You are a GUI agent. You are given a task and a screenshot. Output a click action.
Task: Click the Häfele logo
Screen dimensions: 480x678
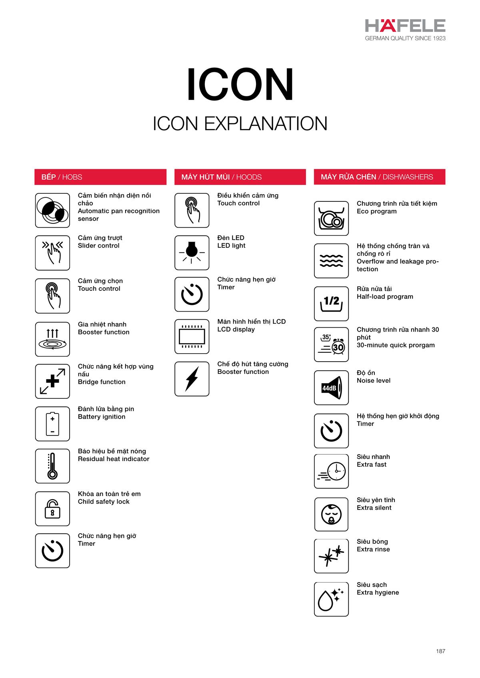(x=405, y=30)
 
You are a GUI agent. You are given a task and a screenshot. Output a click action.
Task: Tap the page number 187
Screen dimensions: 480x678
(x=441, y=651)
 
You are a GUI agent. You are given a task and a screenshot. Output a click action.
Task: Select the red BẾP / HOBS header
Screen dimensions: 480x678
(x=100, y=177)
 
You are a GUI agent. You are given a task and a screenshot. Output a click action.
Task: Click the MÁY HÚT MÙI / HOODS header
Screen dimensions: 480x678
(x=240, y=177)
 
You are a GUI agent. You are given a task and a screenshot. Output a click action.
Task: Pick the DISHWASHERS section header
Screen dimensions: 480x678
(x=379, y=177)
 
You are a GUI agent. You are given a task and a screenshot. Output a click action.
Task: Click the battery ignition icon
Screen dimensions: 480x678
(x=52, y=424)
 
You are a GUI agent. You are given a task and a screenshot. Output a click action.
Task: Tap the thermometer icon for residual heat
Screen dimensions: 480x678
(x=52, y=466)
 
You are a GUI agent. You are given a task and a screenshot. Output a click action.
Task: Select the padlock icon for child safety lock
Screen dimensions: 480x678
(x=52, y=509)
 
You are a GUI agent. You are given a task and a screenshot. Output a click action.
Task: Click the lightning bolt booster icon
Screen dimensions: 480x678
(x=192, y=379)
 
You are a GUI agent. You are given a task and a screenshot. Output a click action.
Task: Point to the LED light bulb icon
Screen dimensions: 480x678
(x=192, y=253)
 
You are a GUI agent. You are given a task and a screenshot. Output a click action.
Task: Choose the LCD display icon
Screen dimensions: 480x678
(x=192, y=336)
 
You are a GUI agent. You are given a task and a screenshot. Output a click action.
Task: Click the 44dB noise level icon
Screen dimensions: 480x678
(x=331, y=388)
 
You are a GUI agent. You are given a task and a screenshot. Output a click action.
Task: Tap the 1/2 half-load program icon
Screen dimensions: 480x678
(x=331, y=304)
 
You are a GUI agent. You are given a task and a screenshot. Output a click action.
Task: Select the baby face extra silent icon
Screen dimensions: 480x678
(x=331, y=514)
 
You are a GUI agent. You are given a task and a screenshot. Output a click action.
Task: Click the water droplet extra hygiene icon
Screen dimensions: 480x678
(x=331, y=599)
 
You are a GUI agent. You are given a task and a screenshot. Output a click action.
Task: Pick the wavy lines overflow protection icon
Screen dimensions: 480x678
(x=331, y=260)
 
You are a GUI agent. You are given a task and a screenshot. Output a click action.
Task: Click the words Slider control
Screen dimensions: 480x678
(x=98, y=245)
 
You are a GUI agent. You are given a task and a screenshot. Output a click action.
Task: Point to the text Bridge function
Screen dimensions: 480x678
(x=102, y=382)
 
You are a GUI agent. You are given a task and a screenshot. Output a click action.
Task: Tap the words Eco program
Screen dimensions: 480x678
(x=376, y=211)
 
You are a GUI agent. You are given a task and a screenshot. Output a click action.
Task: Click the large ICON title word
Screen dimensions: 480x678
(x=240, y=84)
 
